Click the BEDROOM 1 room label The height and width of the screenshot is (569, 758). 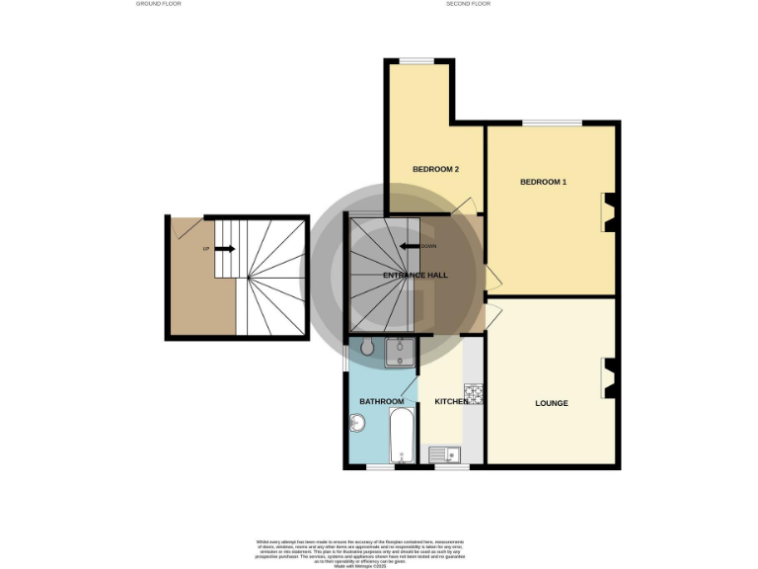pyautogui.click(x=544, y=182)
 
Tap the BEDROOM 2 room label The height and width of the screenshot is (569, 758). pyautogui.click(x=435, y=169)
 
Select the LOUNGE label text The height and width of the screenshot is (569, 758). pyautogui.click(x=551, y=403)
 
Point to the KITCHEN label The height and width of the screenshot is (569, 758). pyautogui.click(x=452, y=402)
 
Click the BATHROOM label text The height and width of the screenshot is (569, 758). pyautogui.click(x=381, y=402)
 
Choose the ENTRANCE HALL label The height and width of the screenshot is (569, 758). pyautogui.click(x=416, y=276)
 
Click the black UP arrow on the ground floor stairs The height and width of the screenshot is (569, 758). pyautogui.click(x=224, y=249)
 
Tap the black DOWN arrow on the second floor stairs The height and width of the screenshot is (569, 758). pyautogui.click(x=411, y=247)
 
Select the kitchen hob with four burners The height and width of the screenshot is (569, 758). pyautogui.click(x=474, y=394)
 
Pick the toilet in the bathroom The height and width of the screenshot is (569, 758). pyautogui.click(x=367, y=346)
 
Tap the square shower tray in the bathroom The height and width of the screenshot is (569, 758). pyautogui.click(x=400, y=353)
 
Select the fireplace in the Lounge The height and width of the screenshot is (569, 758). pyautogui.click(x=609, y=377)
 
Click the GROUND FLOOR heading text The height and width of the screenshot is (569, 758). pyautogui.click(x=158, y=4)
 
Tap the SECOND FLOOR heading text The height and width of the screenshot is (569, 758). pyautogui.click(x=468, y=4)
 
